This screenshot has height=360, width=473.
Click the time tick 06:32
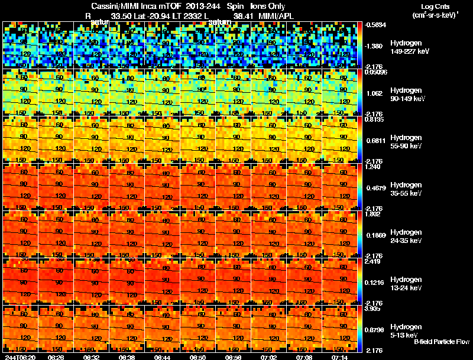pos(92,357)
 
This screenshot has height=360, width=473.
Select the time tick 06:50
pos(199,357)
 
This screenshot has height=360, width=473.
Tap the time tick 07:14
pos(341,357)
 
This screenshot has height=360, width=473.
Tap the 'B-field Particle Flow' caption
pos(442,342)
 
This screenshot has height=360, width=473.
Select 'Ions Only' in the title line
pos(268,7)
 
